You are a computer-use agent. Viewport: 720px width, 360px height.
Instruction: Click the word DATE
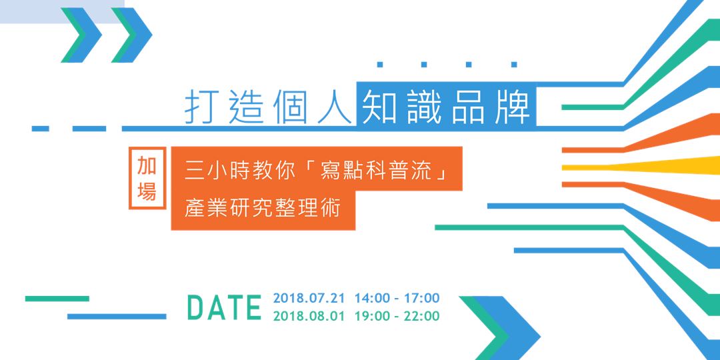pos(224,307)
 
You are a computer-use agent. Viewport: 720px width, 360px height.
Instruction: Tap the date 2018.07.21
pos(309,298)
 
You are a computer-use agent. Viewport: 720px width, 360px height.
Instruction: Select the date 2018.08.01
pos(309,316)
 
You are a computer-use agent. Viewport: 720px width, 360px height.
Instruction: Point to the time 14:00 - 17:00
pos(397,298)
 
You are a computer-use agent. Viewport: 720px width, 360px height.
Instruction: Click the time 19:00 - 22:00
pos(397,316)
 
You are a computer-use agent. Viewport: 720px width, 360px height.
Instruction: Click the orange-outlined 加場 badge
pos(147,179)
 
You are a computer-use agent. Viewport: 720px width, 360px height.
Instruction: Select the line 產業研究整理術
pos(262,208)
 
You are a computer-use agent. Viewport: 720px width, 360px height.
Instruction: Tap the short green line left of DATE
pos(57,299)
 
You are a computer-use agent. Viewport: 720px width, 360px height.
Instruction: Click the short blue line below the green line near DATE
pos(117,316)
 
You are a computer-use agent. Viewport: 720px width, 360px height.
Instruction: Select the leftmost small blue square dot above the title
pos(380,65)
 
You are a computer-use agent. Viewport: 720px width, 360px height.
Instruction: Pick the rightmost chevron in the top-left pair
pos(132,35)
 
